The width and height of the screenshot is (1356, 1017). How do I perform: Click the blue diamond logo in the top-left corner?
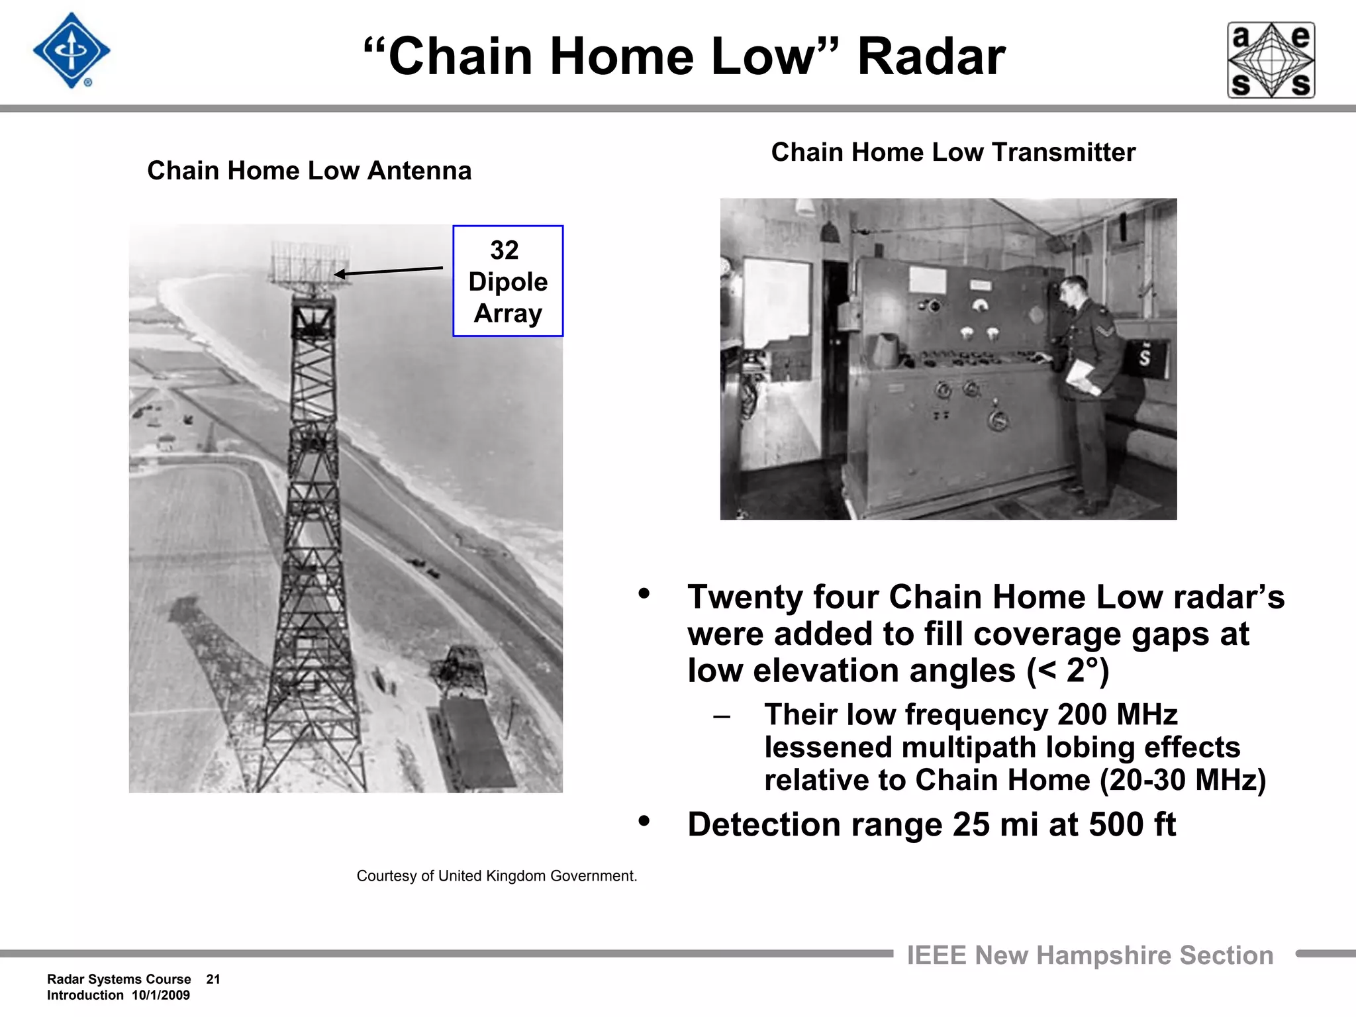click(x=71, y=51)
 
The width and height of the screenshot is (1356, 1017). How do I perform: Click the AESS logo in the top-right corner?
click(x=1271, y=60)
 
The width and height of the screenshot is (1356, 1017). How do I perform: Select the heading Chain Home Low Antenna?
click(x=309, y=171)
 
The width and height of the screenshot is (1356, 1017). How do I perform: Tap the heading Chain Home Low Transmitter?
click(x=953, y=152)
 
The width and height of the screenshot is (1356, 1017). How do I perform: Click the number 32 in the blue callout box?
click(x=505, y=250)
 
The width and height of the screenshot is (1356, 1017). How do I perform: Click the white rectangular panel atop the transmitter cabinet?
click(x=927, y=280)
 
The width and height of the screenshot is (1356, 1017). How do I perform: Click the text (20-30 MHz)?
click(x=1183, y=780)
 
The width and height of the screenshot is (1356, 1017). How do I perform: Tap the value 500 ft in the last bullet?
click(x=1132, y=825)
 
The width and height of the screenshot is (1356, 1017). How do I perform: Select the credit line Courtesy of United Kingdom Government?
click(x=497, y=876)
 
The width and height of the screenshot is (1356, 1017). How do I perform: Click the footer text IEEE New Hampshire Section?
click(x=1090, y=955)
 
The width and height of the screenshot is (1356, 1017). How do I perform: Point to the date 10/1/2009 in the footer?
click(x=161, y=995)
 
